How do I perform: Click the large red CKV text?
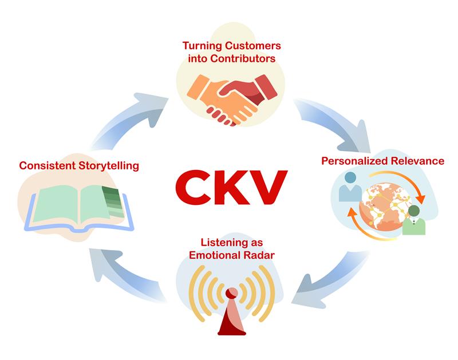[231, 187]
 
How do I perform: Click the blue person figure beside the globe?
[350, 187]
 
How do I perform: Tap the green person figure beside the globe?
[414, 220]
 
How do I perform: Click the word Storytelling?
[109, 166]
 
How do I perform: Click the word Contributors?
[243, 58]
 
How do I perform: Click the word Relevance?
[418, 161]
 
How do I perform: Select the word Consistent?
[48, 165]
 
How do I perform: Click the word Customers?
[252, 46]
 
